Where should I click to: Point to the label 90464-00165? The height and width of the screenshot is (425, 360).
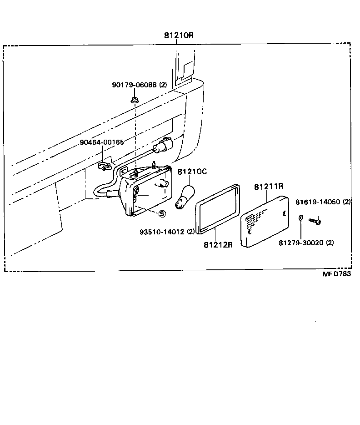point(101,142)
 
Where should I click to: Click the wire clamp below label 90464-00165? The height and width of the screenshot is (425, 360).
point(105,166)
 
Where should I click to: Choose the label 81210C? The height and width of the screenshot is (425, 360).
point(192,172)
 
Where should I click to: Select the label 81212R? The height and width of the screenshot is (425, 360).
point(218,245)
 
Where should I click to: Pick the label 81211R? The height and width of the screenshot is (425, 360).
point(269,186)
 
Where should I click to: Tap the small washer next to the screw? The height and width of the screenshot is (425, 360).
point(301,218)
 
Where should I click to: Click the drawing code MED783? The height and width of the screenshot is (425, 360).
point(337,273)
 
